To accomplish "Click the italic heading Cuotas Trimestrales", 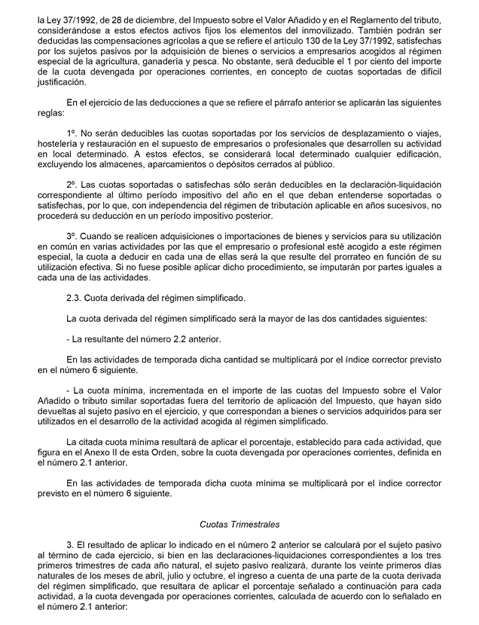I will [x=239, y=522].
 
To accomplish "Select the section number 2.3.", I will [x=76, y=299].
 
